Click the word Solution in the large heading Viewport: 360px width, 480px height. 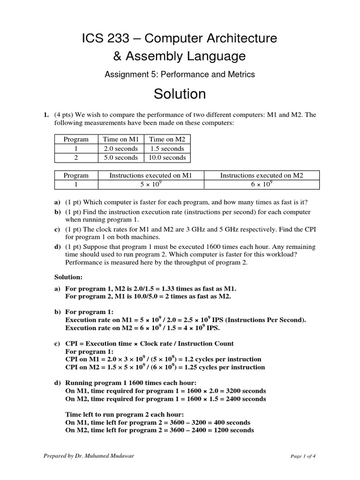point(180,94)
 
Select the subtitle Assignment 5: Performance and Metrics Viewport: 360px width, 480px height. point(180,74)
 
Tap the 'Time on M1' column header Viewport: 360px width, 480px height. point(120,140)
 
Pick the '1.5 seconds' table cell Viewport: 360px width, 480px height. point(167,149)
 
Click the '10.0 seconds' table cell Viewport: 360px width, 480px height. point(167,157)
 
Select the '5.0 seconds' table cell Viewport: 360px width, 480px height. point(120,157)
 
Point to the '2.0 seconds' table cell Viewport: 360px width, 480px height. point(120,149)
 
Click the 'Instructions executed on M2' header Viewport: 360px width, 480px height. point(262,175)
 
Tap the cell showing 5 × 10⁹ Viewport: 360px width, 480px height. point(151,185)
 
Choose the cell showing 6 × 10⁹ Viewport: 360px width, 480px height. point(262,185)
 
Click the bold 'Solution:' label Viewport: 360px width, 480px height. point(69,277)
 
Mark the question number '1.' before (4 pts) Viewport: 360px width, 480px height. point(46,114)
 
